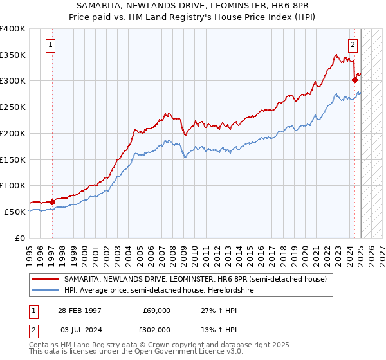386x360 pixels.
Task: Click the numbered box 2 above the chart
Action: click(x=353, y=44)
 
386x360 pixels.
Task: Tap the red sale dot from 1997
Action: click(x=52, y=201)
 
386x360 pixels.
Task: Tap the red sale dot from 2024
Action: click(x=354, y=80)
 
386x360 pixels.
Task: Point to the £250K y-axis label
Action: click(x=13, y=107)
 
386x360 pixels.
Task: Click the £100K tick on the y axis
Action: click(x=13, y=185)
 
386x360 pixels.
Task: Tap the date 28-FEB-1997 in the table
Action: click(x=79, y=310)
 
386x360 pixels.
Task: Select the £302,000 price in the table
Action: click(x=155, y=329)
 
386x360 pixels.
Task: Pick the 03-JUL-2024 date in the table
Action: click(x=79, y=329)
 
